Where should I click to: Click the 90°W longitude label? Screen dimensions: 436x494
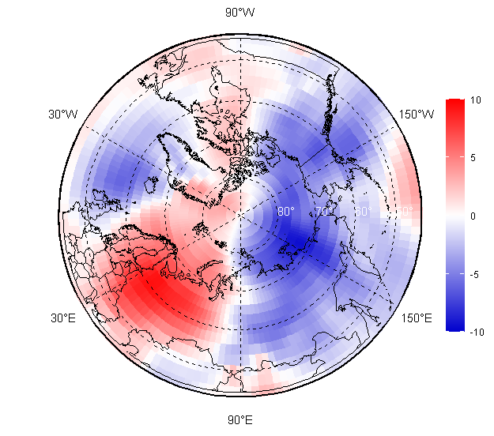tap(240, 12)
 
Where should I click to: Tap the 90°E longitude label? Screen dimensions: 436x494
tap(240, 419)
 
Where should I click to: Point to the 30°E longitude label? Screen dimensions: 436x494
tap(64, 318)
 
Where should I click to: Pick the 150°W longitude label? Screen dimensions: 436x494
tap(417, 114)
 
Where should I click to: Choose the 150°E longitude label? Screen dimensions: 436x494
tap(417, 318)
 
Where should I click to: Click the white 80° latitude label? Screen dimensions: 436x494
tap(286, 212)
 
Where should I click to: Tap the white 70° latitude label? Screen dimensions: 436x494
tap(324, 212)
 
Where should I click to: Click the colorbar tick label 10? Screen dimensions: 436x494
tap(475, 100)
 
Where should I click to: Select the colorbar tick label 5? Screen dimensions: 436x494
tap(473, 157)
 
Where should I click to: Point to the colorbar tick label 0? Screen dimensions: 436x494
tap(473, 216)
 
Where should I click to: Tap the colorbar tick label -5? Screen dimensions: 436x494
tap(474, 274)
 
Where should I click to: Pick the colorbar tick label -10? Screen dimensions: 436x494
tap(476, 332)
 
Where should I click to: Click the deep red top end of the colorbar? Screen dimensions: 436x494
tap(454, 103)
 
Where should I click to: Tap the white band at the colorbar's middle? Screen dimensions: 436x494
tap(454, 215)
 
